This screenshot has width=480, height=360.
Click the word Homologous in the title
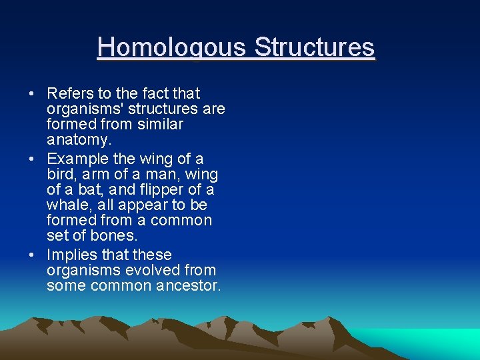172,48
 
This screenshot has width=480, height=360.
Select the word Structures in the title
315,48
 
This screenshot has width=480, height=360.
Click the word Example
77,159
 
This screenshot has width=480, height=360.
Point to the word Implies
73,255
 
